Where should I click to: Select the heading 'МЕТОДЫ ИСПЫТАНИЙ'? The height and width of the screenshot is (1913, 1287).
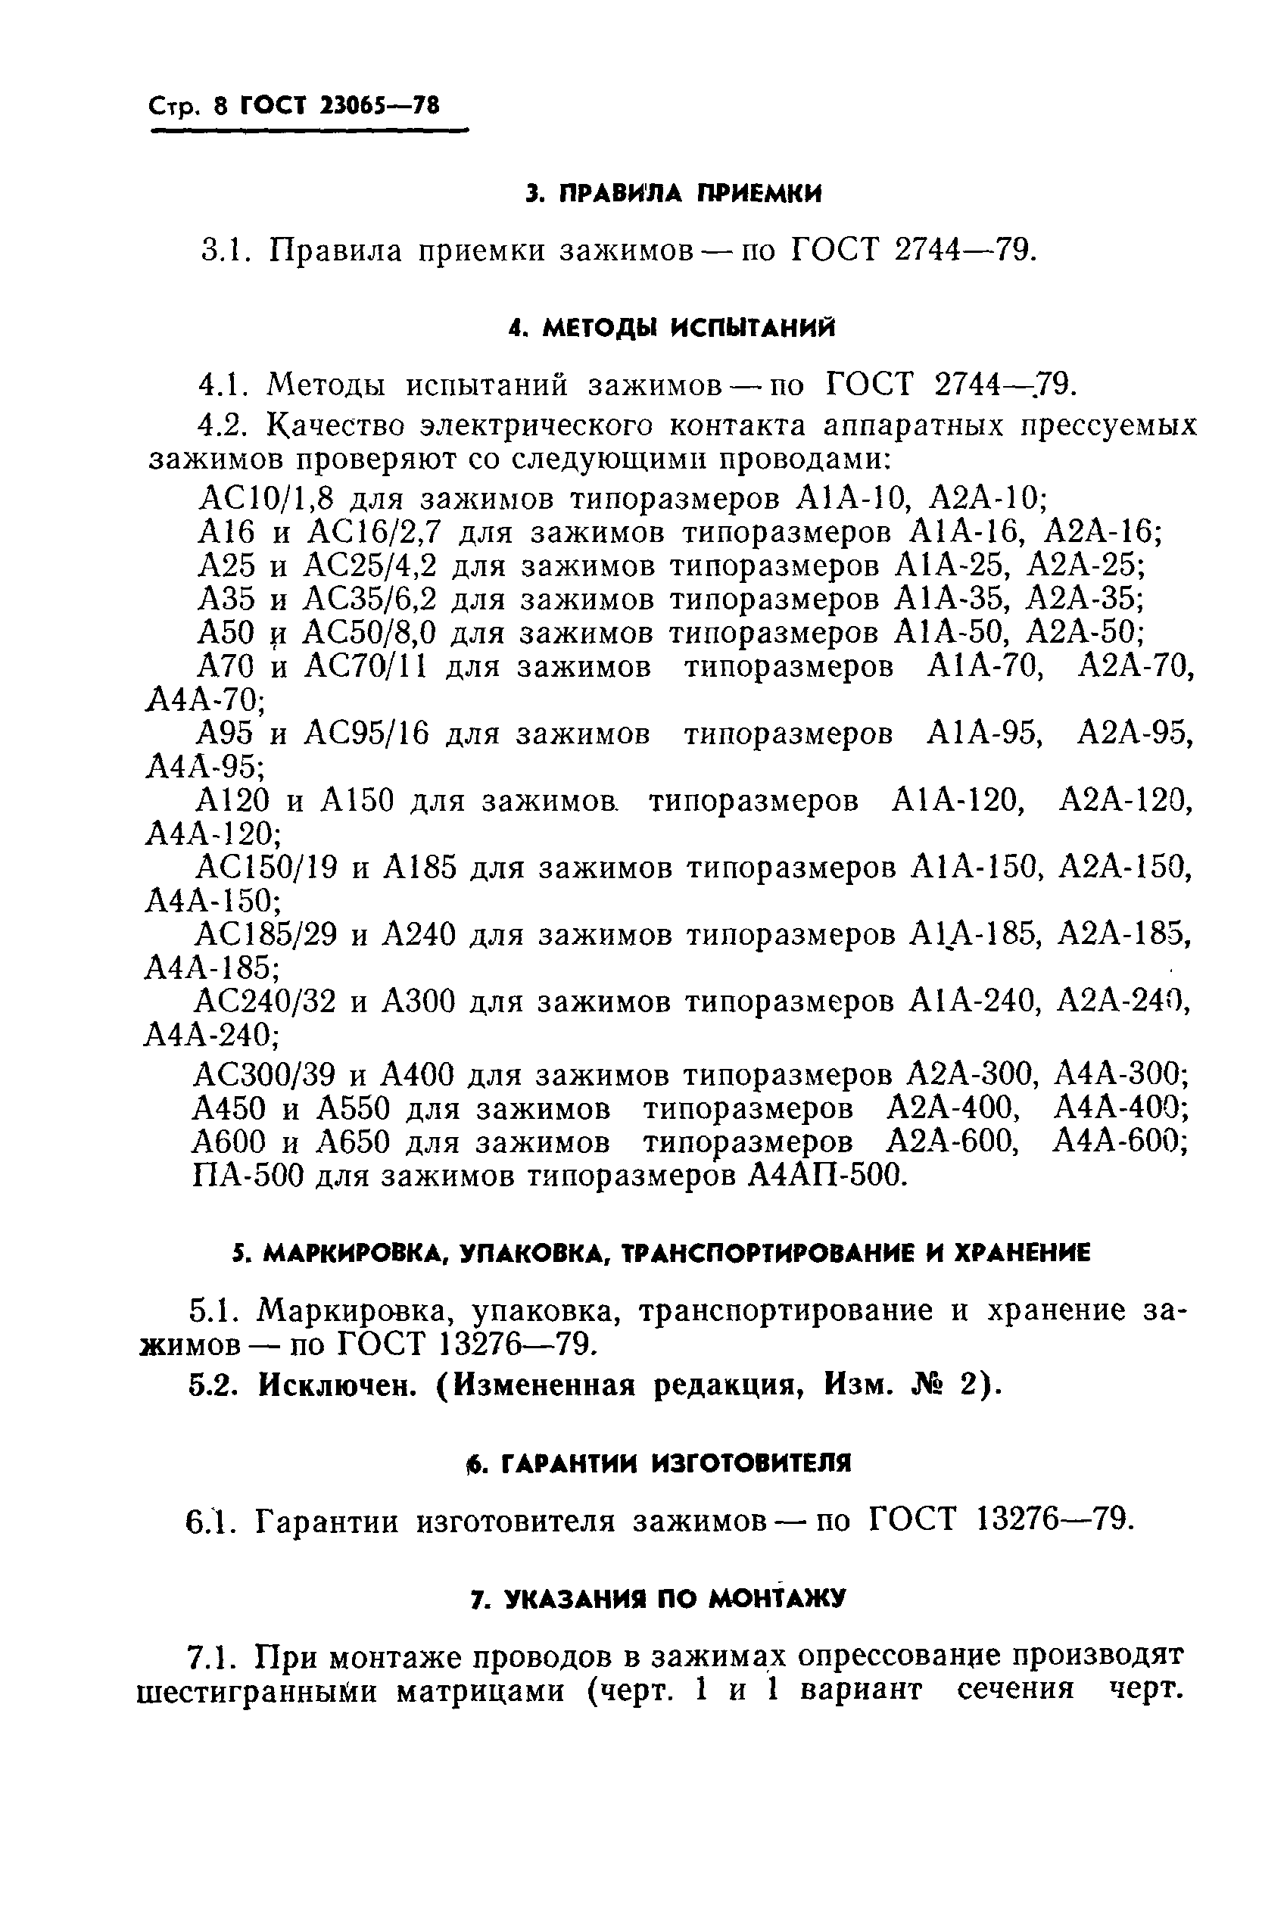tap(690, 329)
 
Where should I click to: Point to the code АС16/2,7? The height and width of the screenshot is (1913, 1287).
tap(373, 534)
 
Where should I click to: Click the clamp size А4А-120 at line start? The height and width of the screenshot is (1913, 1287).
tap(212, 835)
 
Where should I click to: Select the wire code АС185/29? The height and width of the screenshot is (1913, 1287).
tap(266, 935)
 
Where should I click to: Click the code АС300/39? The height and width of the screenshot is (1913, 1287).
tap(266, 1073)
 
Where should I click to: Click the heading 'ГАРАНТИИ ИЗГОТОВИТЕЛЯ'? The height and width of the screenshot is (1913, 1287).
tap(675, 1463)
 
